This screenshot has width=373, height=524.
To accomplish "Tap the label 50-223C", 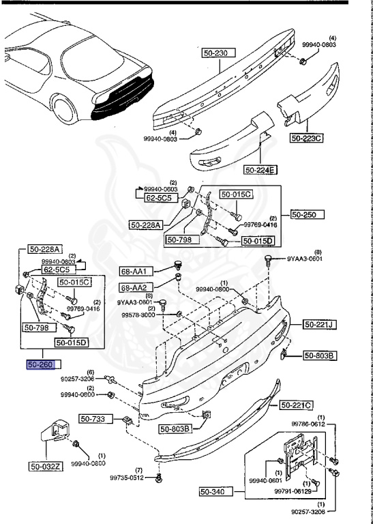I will coord(306,138).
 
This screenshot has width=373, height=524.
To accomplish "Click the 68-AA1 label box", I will coord(134,272).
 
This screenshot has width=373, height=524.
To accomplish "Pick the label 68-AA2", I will coord(134,288).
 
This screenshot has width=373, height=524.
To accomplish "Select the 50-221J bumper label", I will coord(318,324).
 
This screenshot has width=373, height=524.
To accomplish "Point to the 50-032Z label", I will coord(45,467).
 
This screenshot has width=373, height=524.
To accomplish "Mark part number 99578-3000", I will coord(138,315).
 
